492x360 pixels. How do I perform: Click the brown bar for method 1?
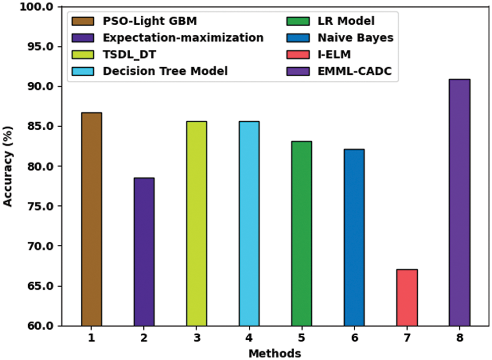[91, 219]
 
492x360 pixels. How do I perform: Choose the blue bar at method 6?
[354, 237]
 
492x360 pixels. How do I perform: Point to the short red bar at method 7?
[407, 297]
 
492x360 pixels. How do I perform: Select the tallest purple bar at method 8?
[459, 202]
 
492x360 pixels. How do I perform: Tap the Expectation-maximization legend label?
[183, 38]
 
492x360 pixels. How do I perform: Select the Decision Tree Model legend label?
[165, 71]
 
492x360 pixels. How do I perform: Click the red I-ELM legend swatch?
[295, 55]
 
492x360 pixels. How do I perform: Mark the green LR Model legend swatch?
[295, 22]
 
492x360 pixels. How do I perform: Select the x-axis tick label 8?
[459, 338]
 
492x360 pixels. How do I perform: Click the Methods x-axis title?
[275, 353]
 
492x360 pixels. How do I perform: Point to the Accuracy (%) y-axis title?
[8, 166]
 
